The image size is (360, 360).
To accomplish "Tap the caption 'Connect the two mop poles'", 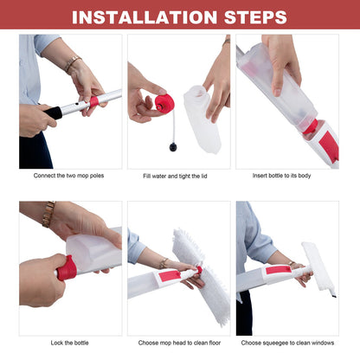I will point(70,176).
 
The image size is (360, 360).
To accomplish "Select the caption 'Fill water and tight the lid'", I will point(179,176).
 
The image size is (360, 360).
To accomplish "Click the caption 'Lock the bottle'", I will point(69,344).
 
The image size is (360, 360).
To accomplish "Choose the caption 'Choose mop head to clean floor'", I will point(179,344).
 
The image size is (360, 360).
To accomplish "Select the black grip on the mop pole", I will point(54,112).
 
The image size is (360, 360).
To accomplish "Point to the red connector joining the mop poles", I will point(93,101).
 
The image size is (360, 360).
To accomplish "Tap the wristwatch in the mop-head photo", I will point(163,262).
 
